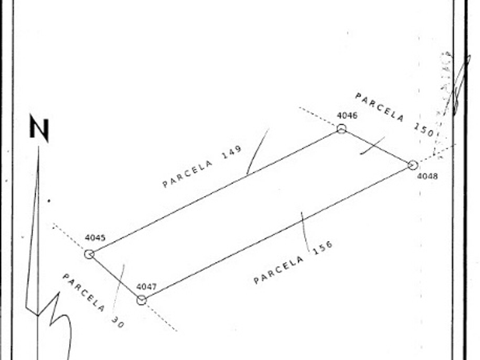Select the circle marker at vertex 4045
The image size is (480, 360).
pyautogui.click(x=89, y=254)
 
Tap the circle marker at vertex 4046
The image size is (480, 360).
pyautogui.click(x=341, y=129)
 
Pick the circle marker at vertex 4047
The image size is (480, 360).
pyautogui.click(x=142, y=299)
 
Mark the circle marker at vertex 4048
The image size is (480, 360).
pyautogui.click(x=413, y=165)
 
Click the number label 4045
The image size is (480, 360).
pyautogui.click(x=95, y=238)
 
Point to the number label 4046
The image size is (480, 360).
pyautogui.click(x=347, y=115)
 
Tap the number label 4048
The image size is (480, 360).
pyautogui.click(x=427, y=176)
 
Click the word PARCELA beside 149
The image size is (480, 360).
pyautogui.click(x=187, y=173)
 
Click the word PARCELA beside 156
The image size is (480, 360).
pyautogui.click(x=279, y=270)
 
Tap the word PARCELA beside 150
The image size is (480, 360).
pyautogui.click(x=379, y=107)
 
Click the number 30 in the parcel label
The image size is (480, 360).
pyautogui.click(x=117, y=322)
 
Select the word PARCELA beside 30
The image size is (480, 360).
pyautogui.click(x=83, y=293)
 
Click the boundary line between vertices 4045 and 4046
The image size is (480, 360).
pyautogui.click(x=215, y=191)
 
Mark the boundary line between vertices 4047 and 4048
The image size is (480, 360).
pyautogui.click(x=277, y=233)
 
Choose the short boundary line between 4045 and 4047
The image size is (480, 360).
pyautogui.click(x=115, y=277)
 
